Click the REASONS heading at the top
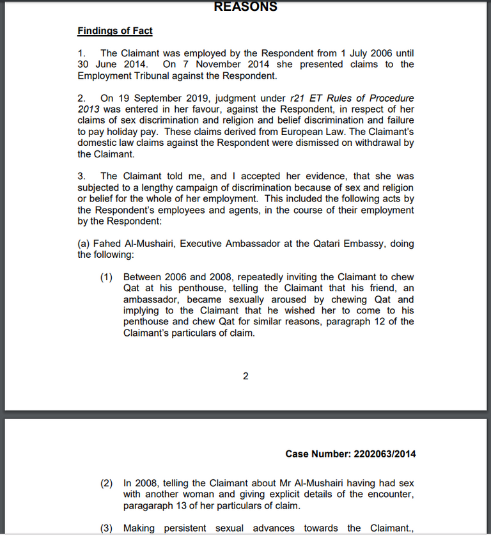(245, 7)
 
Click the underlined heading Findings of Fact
(115, 31)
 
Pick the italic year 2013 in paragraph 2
(90, 109)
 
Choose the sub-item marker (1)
(107, 277)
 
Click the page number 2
(245, 376)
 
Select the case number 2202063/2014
(384, 454)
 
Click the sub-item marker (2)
(107, 483)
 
